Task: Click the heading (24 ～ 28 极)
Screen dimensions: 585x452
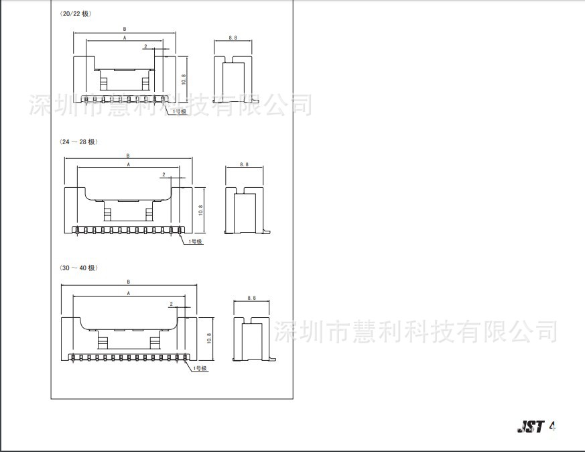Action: (x=78, y=142)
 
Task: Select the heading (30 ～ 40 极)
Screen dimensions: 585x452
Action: (x=78, y=268)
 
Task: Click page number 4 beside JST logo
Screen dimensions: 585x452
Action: (x=553, y=426)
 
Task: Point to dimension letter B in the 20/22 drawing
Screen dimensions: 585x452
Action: (x=125, y=30)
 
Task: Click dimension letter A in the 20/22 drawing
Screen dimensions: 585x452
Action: (x=125, y=38)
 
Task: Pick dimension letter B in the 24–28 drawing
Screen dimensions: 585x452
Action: (x=127, y=156)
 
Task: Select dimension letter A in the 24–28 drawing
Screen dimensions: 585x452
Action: (x=127, y=164)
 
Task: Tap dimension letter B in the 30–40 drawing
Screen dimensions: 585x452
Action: (x=128, y=282)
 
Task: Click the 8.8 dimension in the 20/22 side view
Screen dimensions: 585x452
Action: (x=233, y=38)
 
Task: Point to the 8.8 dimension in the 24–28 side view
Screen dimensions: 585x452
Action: (x=243, y=164)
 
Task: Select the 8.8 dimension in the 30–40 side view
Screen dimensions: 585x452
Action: (x=251, y=297)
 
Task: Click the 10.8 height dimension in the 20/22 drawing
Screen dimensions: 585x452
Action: (x=183, y=76)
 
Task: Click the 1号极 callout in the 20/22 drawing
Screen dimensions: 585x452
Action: (x=180, y=111)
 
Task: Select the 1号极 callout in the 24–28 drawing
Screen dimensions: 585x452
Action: (x=195, y=241)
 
